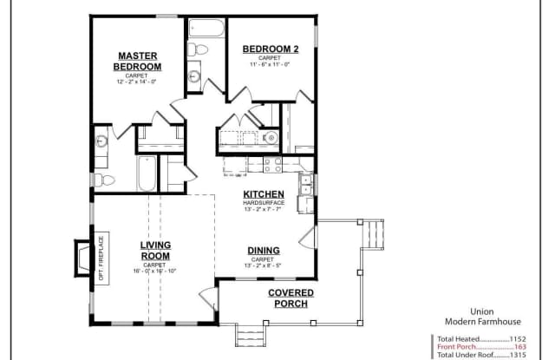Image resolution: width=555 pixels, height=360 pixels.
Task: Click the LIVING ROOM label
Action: point(155,251)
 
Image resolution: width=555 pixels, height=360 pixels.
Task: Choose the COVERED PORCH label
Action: point(290,298)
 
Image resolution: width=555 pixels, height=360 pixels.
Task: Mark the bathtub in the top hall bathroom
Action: point(205,26)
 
